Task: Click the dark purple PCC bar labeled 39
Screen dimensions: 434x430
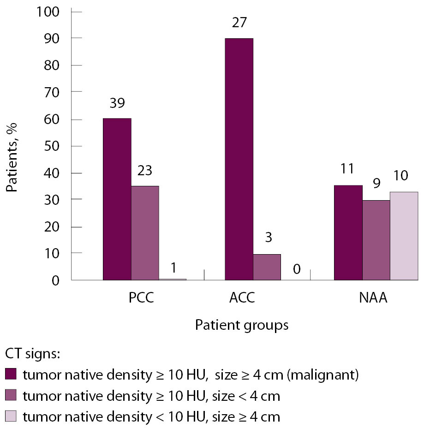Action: (x=117, y=199)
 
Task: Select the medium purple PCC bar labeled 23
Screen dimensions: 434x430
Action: (x=145, y=233)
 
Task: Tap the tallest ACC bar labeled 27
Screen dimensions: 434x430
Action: (x=239, y=159)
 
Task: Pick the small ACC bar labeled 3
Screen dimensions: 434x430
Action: (x=267, y=267)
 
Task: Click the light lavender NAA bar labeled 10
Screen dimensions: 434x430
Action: (x=404, y=236)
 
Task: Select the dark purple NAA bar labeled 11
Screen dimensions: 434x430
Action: (x=348, y=232)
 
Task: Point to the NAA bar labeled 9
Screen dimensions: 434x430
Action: (x=376, y=240)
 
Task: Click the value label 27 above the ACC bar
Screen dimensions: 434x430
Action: (x=239, y=22)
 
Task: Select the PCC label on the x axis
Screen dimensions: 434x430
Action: (x=141, y=297)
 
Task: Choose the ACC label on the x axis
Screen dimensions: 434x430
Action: (x=242, y=297)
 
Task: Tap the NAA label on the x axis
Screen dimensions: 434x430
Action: (x=373, y=297)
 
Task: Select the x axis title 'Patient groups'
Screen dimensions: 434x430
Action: (x=242, y=325)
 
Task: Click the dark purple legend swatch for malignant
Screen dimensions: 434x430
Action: (x=12, y=374)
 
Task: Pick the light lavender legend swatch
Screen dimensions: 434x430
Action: (x=12, y=417)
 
